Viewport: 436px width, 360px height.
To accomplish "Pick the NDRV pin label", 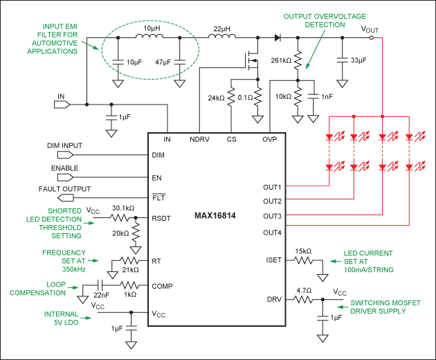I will (x=201, y=139).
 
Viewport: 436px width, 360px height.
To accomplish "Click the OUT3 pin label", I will (x=272, y=217).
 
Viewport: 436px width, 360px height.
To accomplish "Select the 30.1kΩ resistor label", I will (x=123, y=208).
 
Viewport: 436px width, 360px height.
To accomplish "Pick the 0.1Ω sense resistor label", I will (x=247, y=98).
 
